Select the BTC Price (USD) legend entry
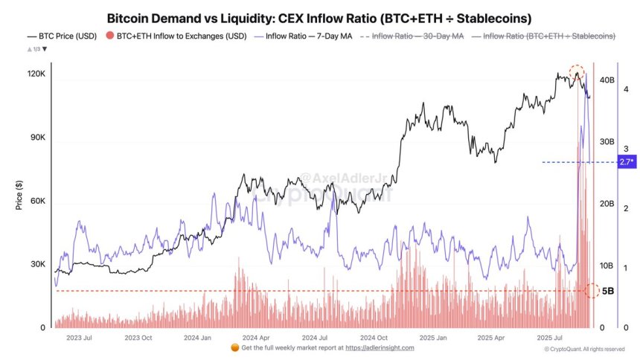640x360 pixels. [x=63, y=36]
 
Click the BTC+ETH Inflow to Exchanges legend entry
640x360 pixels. [x=177, y=36]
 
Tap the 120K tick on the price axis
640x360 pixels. [x=36, y=75]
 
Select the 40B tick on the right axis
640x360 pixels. [x=607, y=80]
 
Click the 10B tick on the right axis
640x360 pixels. [x=607, y=266]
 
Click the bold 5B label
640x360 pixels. [x=608, y=291]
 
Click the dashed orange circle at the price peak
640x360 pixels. [x=577, y=73]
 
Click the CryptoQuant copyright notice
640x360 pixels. [x=584, y=349]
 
